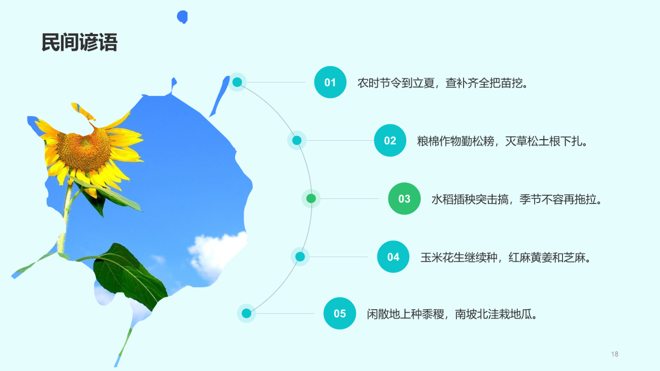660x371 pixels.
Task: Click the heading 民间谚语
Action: point(79,43)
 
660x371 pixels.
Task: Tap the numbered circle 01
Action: point(330,82)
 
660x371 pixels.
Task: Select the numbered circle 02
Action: point(390,140)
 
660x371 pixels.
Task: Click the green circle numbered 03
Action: point(404,198)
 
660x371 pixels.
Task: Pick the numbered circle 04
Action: point(393,257)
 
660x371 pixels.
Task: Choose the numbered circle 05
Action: point(340,313)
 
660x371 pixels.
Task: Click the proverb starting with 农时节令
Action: point(443,83)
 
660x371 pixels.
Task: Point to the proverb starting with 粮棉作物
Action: point(502,141)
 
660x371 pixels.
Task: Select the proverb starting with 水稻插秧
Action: point(517,199)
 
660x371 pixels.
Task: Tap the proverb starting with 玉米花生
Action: point(505,257)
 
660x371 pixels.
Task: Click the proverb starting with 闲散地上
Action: point(452,314)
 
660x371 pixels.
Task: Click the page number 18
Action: point(614,354)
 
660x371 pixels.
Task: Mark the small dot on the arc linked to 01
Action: point(237,82)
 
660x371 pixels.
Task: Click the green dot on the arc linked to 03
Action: point(311,198)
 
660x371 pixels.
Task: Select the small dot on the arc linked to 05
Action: point(246,313)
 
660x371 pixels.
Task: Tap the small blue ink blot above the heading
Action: point(182,17)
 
